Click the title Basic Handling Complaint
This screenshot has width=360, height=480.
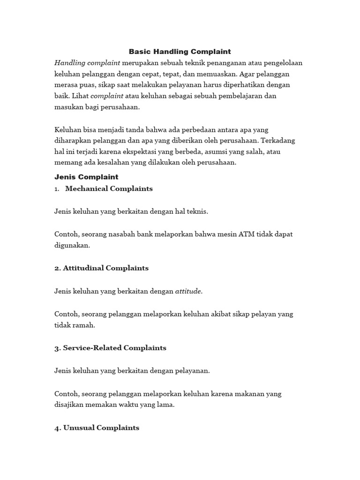tap(180, 52)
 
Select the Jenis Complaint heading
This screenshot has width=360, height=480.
tap(86, 177)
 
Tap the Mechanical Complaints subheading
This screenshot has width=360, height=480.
tap(109, 188)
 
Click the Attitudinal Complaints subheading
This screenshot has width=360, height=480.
tap(101, 268)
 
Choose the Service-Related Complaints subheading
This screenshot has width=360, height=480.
tap(110, 348)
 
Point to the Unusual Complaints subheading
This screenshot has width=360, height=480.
tap(97, 427)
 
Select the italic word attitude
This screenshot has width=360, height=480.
tap(188, 291)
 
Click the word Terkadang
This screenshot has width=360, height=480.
tap(278, 141)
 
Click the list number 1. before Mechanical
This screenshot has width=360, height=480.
tap(57, 189)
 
